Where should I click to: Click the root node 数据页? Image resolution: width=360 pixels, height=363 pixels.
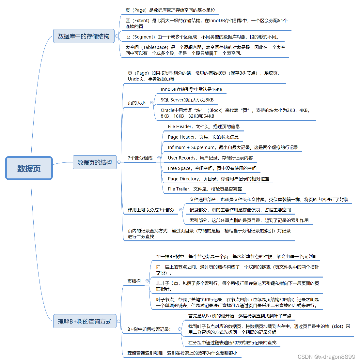pyautogui.click(x=29, y=168)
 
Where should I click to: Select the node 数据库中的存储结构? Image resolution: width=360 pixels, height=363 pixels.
pyautogui.click(x=84, y=36)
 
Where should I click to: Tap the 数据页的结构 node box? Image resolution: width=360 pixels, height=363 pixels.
pyautogui.click(x=95, y=162)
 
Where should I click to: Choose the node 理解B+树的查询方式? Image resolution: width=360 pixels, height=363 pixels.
pyautogui.click(x=85, y=322)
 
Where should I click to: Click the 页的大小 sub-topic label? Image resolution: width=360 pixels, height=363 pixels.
pyautogui.click(x=136, y=103)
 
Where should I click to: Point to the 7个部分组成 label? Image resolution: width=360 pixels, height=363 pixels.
pyautogui.click(x=140, y=158)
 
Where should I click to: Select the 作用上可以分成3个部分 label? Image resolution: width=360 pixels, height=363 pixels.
pyautogui.click(x=151, y=210)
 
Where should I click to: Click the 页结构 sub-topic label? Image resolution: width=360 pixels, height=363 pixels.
pyautogui.click(x=134, y=281)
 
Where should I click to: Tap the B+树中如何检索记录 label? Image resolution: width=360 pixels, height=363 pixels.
pyautogui.click(x=149, y=329)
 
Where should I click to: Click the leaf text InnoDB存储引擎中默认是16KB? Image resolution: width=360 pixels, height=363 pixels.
pyautogui.click(x=191, y=89)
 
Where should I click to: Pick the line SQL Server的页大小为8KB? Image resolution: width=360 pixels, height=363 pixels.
pyautogui.click(x=187, y=100)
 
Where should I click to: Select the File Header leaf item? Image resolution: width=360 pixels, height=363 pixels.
pyautogui.click(x=204, y=127)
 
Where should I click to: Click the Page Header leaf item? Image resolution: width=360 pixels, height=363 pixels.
pyautogui.click(x=203, y=137)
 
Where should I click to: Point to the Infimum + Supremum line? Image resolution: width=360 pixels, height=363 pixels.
pyautogui.click(x=233, y=147)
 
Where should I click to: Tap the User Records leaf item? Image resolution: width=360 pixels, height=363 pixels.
pyautogui.click(x=210, y=158)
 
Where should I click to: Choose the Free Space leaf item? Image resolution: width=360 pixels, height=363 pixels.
pyautogui.click(x=212, y=168)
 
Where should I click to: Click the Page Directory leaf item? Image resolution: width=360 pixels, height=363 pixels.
pyautogui.click(x=219, y=179)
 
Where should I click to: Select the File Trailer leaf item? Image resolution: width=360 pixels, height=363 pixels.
pyautogui.click(x=205, y=189)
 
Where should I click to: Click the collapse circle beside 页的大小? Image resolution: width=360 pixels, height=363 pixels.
pyautogui.click(x=152, y=102)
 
